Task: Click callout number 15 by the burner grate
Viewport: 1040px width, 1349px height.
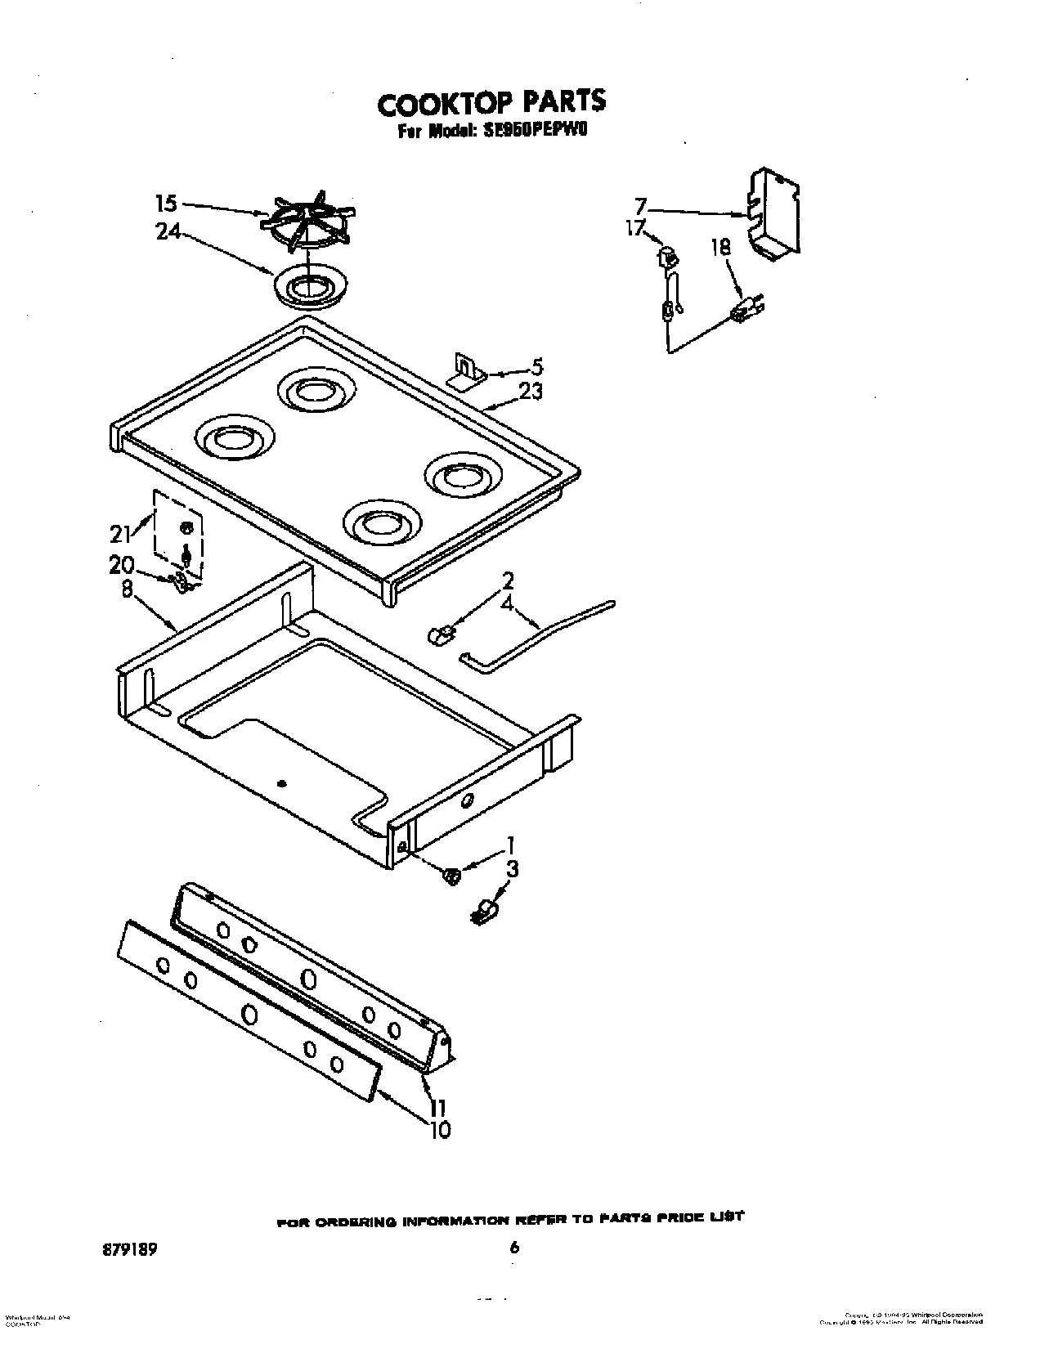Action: click(166, 202)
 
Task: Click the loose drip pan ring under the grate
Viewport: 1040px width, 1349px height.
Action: click(311, 287)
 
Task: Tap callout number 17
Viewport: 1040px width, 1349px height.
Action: click(635, 229)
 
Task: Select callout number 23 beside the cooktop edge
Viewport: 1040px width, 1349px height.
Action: click(531, 392)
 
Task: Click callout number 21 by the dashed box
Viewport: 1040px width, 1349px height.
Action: click(120, 534)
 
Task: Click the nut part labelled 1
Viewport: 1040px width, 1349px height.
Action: click(451, 876)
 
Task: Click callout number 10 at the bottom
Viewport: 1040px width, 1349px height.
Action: click(439, 1130)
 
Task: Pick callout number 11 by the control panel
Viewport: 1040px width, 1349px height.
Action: click(437, 1108)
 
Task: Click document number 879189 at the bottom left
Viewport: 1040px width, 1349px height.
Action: click(129, 1224)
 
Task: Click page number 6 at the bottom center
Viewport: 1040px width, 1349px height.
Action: click(513, 1224)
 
